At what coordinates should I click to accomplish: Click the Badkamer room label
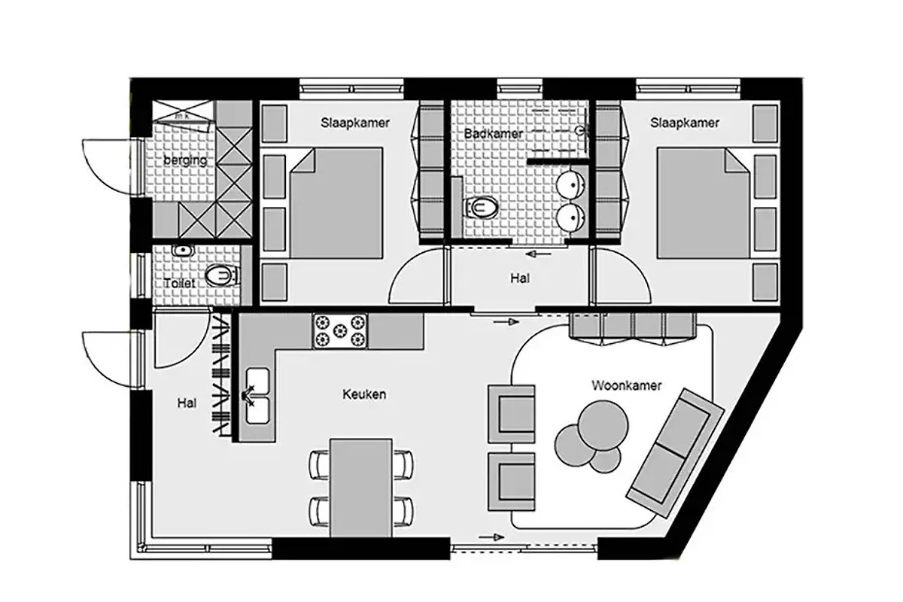[494, 133]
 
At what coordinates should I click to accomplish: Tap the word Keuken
[364, 394]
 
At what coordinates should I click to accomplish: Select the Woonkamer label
[626, 385]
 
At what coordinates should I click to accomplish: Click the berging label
[185, 160]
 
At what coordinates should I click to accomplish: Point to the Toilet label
[180, 283]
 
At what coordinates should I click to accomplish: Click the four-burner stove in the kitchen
[340, 331]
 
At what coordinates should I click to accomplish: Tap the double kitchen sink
[257, 396]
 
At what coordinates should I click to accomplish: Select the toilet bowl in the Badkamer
[481, 208]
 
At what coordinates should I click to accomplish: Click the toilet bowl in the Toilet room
[221, 275]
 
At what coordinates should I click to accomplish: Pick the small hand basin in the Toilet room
[183, 251]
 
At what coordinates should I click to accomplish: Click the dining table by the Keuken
[360, 488]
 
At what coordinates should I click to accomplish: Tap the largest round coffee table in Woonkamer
[603, 425]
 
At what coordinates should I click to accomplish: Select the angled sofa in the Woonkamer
[676, 452]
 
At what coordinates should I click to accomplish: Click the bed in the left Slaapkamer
[336, 203]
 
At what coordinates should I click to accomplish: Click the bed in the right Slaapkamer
[704, 203]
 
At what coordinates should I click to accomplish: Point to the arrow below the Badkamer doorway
[539, 254]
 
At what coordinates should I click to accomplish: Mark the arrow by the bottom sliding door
[491, 537]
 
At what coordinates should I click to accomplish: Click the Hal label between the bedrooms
[520, 278]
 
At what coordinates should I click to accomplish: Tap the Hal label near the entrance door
[187, 403]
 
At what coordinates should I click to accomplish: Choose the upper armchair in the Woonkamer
[512, 414]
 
